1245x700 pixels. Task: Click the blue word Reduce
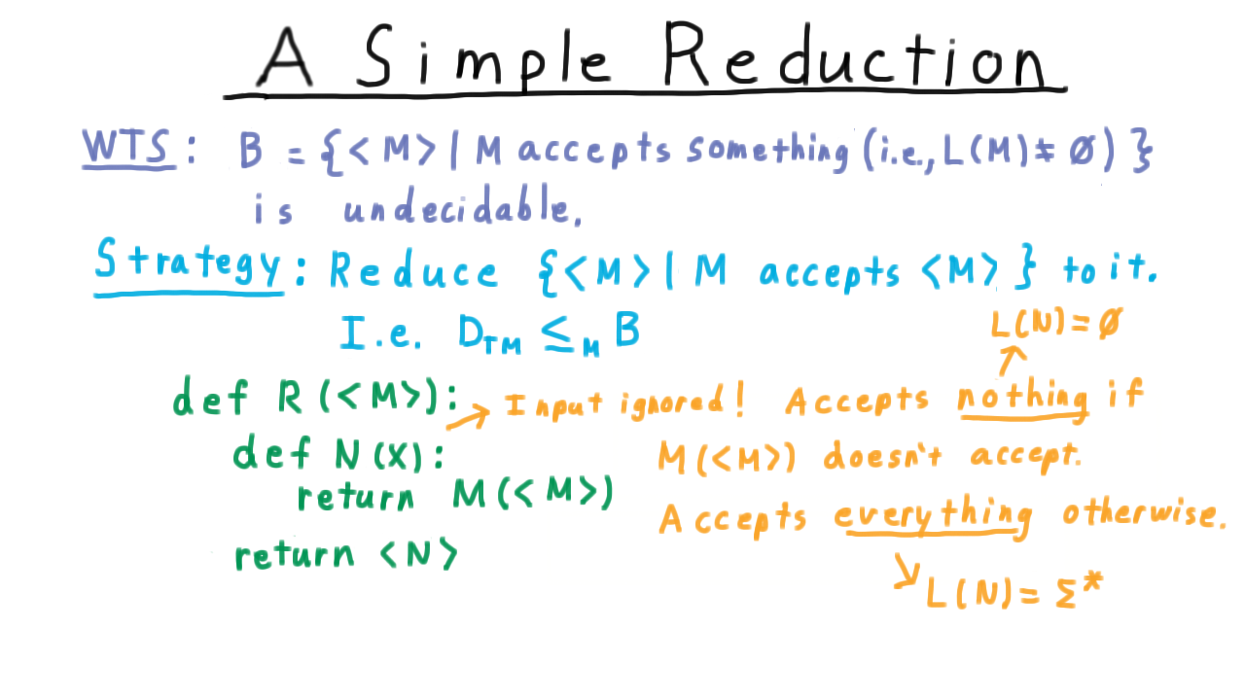pyautogui.click(x=413, y=270)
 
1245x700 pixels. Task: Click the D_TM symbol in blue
pyautogui.click(x=489, y=334)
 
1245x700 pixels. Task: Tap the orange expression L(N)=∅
pyautogui.click(x=1056, y=324)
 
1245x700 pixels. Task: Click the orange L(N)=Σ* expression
pyautogui.click(x=1014, y=591)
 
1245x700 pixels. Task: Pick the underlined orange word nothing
pyautogui.click(x=1022, y=398)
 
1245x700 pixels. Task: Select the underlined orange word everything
pyautogui.click(x=933, y=516)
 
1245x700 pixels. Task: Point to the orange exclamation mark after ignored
pyautogui.click(x=739, y=400)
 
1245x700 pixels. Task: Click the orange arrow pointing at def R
pyautogui.click(x=468, y=418)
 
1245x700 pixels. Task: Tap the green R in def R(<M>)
pyautogui.click(x=289, y=398)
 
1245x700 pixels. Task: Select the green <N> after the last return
pyautogui.click(x=418, y=553)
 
